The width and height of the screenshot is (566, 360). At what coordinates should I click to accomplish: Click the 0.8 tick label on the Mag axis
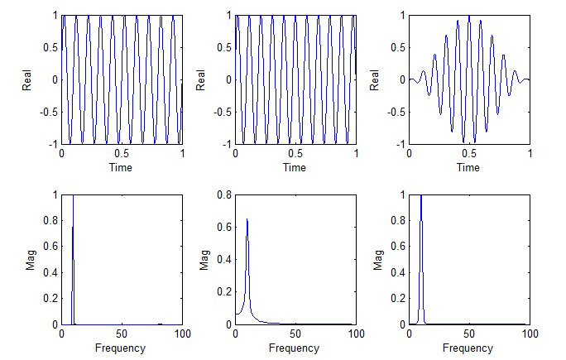coord(224,195)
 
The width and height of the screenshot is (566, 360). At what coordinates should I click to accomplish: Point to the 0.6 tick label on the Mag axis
coord(224,228)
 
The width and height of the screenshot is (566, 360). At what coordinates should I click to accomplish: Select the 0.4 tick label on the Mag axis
coord(224,260)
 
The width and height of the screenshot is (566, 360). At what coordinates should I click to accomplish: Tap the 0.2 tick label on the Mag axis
coord(224,292)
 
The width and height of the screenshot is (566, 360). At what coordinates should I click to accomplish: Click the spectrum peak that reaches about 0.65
coord(247,220)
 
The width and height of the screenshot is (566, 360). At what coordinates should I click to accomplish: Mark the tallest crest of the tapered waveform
coord(468,17)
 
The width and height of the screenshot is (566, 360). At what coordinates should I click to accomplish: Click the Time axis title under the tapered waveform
coord(468,167)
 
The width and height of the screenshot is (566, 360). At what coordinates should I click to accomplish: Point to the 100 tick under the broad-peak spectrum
coord(355,334)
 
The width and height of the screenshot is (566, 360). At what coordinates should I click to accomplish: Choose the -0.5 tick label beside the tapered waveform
coord(396,112)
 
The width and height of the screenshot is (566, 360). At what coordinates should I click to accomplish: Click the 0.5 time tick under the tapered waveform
coord(468,153)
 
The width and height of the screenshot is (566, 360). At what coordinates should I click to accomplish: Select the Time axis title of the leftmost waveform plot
coord(122,167)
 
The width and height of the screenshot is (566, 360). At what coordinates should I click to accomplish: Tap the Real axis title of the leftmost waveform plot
coord(27,79)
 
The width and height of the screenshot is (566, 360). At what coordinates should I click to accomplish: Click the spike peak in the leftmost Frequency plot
coord(74,197)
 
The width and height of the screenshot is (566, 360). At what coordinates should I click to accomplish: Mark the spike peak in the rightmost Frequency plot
coord(421,197)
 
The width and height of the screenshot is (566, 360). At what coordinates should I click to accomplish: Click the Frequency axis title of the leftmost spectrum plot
coord(121,348)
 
